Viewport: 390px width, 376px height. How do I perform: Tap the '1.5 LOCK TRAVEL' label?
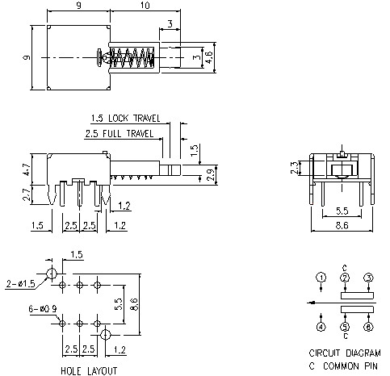click(x=126, y=118)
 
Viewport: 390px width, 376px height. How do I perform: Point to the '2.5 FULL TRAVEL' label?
click(x=120, y=132)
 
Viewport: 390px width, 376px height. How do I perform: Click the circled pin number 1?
click(x=321, y=278)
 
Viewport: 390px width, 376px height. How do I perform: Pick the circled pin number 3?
click(x=368, y=278)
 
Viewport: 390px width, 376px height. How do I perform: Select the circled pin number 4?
click(x=321, y=327)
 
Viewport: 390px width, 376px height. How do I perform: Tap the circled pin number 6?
click(x=368, y=327)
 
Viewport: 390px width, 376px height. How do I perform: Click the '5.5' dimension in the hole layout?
click(x=119, y=304)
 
